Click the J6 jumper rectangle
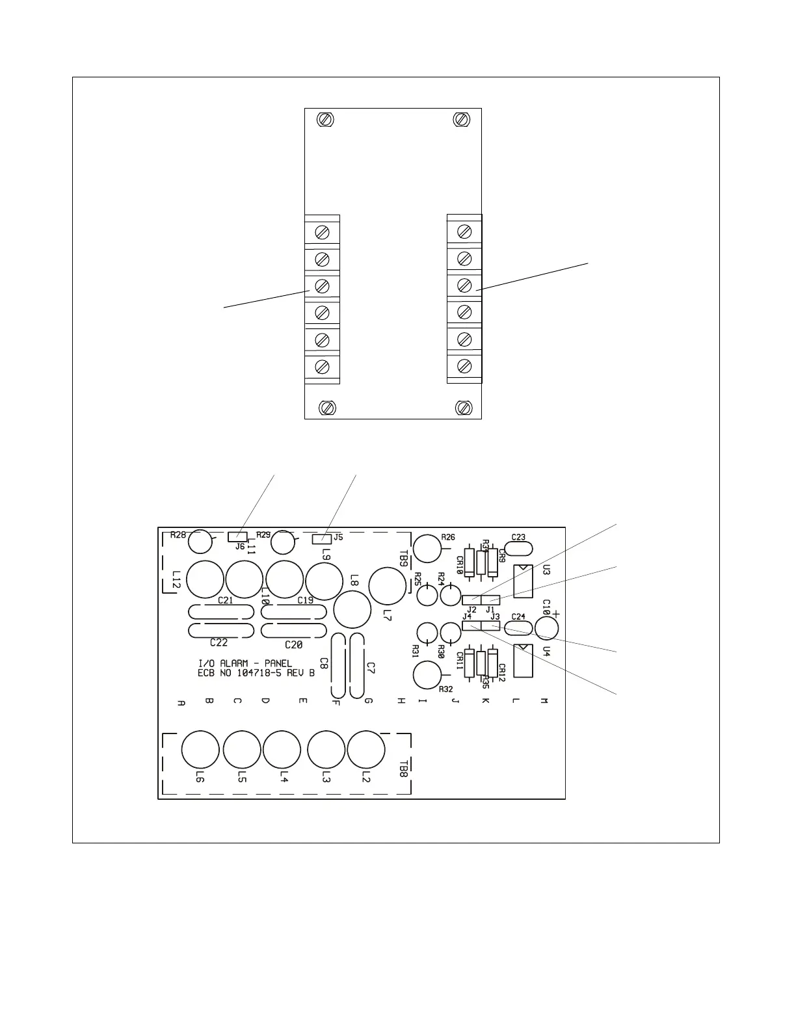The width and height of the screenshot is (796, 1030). click(x=233, y=537)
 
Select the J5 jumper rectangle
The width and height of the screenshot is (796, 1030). click(x=319, y=538)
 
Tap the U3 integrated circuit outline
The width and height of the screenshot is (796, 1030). click(x=524, y=581)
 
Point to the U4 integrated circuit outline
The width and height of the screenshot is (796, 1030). click(x=524, y=661)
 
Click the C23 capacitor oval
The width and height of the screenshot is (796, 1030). click(x=518, y=548)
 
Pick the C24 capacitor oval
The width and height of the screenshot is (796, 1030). click(x=518, y=627)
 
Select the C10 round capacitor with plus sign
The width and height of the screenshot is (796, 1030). click(x=547, y=627)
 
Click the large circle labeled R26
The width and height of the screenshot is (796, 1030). click(x=427, y=548)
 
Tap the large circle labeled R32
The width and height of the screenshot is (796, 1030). click(x=427, y=675)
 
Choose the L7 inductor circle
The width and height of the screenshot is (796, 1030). click(x=387, y=585)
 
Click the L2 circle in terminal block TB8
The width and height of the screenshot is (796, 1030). click(x=366, y=749)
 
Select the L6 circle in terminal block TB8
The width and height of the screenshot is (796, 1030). click(x=200, y=749)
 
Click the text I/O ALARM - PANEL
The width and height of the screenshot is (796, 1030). click(x=245, y=663)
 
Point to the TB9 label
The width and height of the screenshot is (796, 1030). click(x=403, y=560)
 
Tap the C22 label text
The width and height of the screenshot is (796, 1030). click(x=219, y=642)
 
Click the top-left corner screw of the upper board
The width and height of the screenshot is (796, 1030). click(x=325, y=120)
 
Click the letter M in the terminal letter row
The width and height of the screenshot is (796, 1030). click(x=544, y=701)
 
